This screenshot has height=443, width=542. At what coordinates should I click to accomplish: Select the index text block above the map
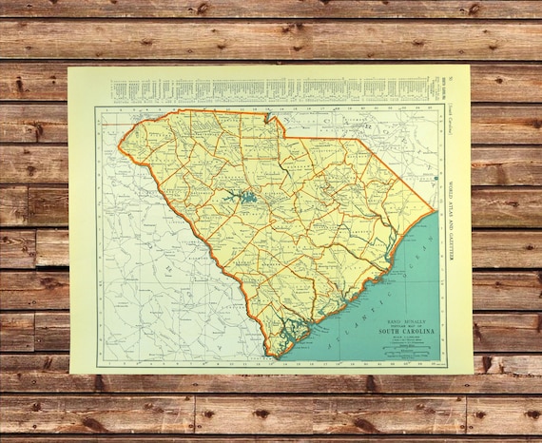(276, 90)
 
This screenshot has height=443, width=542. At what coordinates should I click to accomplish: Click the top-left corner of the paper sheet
(68, 67)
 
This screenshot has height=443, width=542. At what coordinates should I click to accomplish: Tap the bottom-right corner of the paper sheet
(473, 373)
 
